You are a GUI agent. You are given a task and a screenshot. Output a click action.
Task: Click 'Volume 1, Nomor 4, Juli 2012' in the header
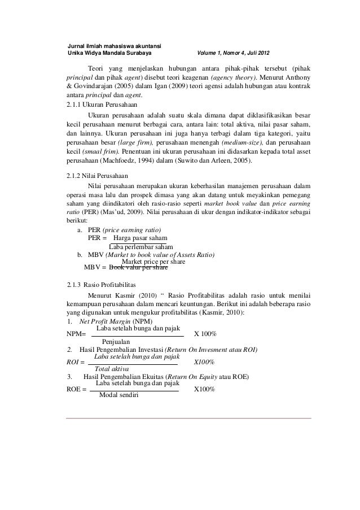click(x=233, y=54)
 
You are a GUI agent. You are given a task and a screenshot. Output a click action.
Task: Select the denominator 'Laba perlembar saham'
click(x=140, y=247)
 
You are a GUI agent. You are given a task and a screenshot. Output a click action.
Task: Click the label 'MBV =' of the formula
click(x=95, y=267)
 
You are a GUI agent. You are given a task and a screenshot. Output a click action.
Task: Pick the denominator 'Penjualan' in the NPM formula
click(x=116, y=342)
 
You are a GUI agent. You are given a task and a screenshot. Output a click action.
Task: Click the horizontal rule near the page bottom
click(x=188, y=418)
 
